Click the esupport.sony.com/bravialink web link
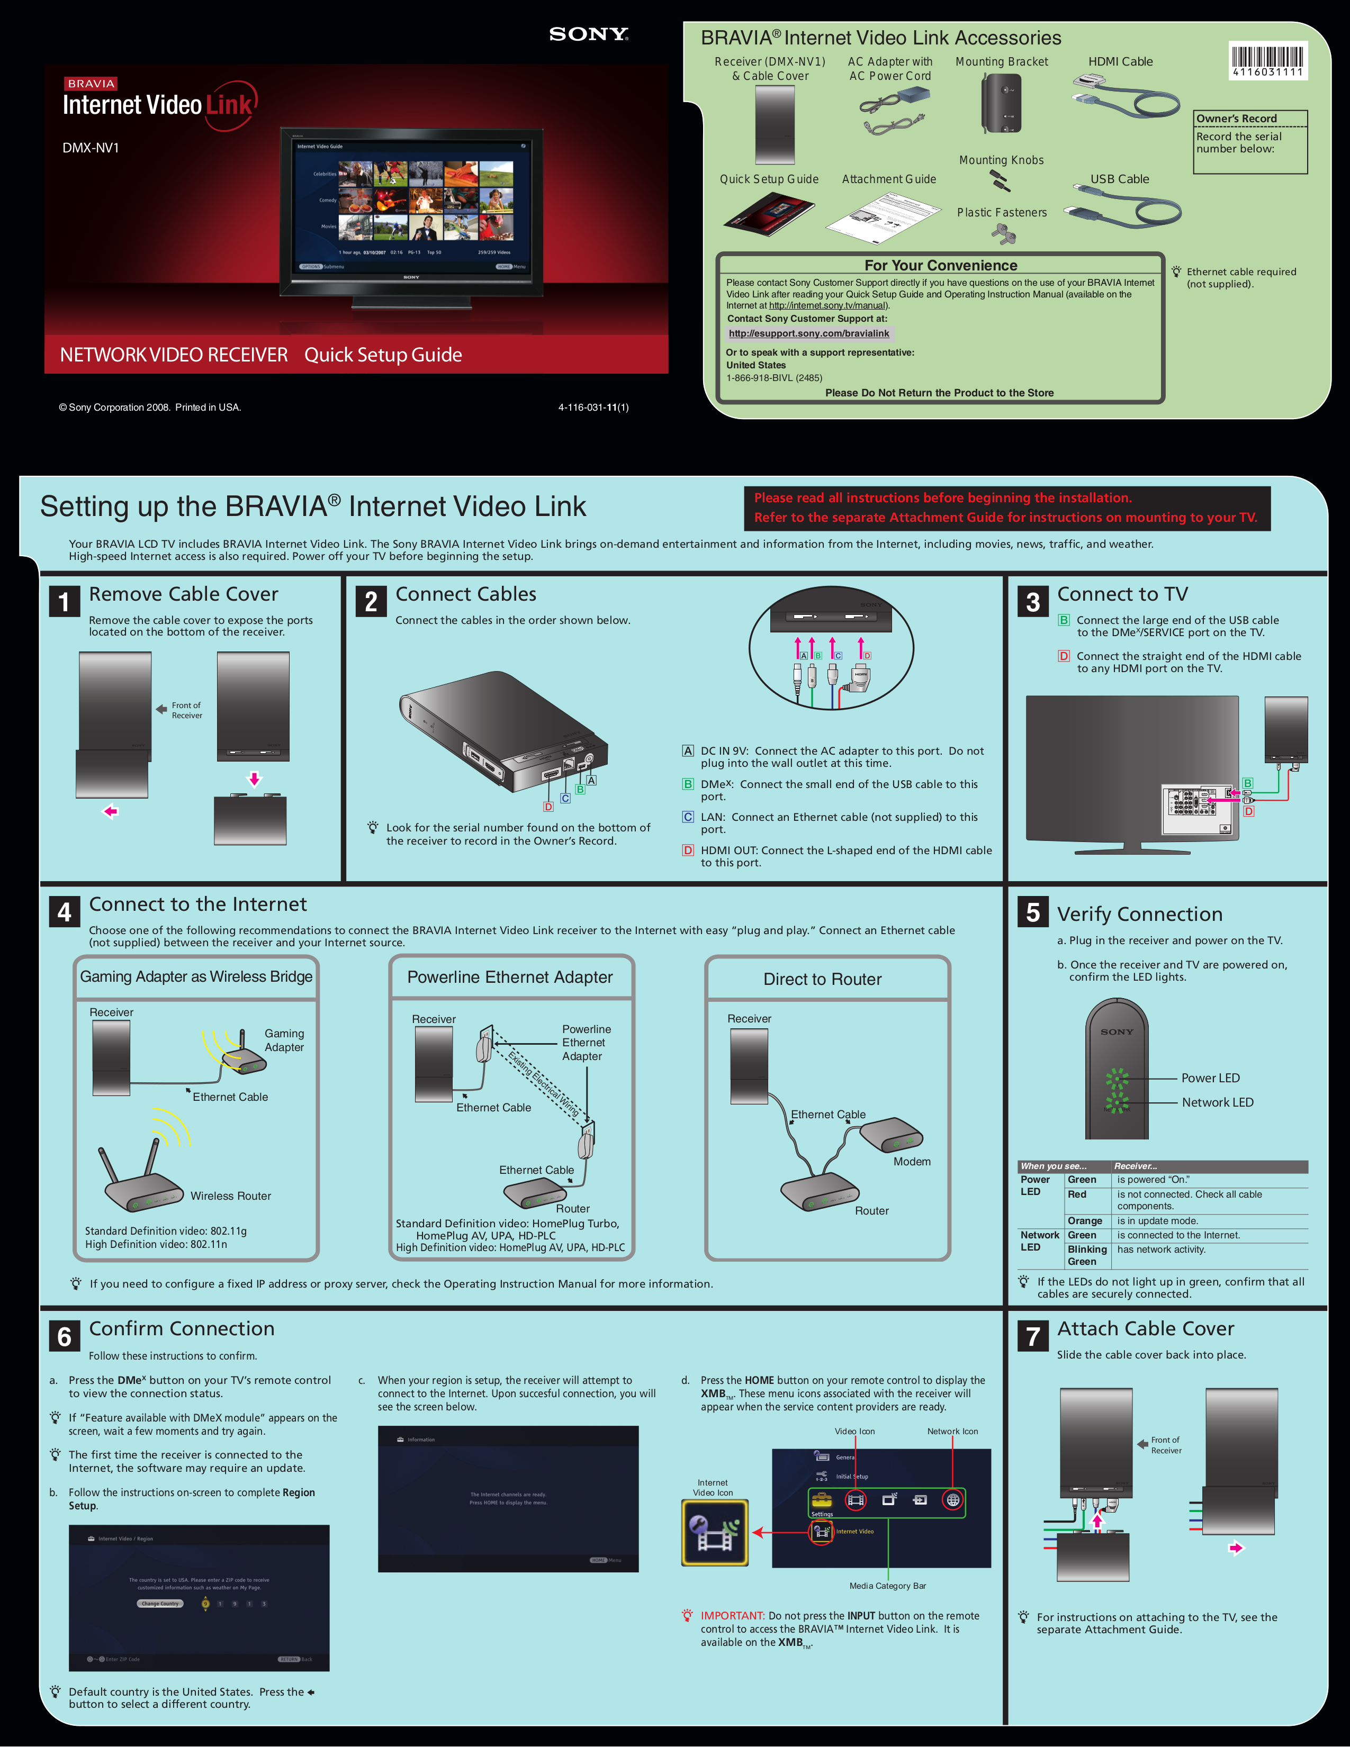808,333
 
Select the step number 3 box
1032,602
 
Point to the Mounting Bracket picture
1001,104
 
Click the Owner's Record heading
1236,119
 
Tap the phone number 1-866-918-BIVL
774,377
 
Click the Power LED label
1210,1078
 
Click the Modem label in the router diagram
912,1162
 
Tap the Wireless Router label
230,1196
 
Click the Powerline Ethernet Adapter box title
510,977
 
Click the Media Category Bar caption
887,1586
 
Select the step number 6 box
64,1337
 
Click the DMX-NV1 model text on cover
91,148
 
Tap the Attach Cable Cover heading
1145,1329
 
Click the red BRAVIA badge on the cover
91,83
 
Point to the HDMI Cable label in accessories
1120,61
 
